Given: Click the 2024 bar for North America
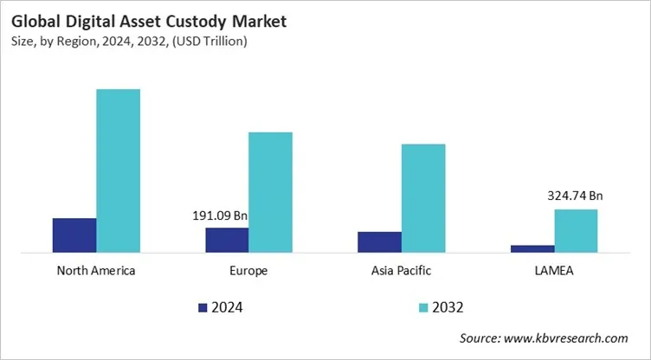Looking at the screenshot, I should (x=74, y=235).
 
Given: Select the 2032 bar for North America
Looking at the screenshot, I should (x=118, y=170).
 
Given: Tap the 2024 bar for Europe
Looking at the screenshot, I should (x=227, y=240).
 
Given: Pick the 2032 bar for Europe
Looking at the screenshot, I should (x=270, y=192).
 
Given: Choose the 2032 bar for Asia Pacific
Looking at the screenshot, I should (x=422, y=198).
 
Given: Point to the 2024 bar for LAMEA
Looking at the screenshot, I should (x=532, y=248).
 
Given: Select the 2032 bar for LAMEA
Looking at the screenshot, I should (x=576, y=230).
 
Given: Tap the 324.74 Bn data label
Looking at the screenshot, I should (x=575, y=196).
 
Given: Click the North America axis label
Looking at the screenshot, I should (x=96, y=271).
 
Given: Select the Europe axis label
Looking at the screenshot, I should (x=248, y=271).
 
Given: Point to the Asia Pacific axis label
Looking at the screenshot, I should (x=401, y=271).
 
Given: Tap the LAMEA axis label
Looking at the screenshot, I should (x=554, y=271).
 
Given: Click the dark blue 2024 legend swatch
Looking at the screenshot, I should (x=203, y=306).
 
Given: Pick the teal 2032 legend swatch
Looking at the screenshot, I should (x=423, y=306).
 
